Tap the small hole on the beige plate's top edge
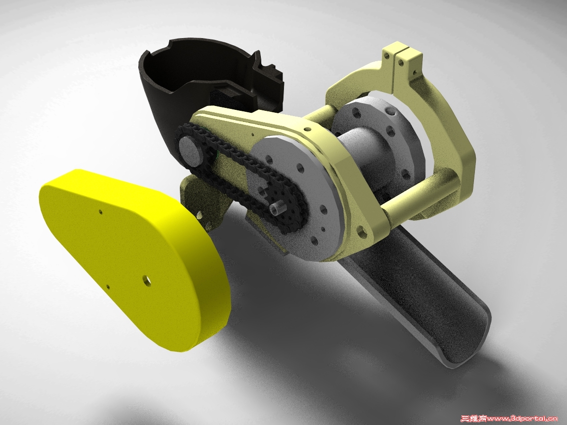pyautogui.click(x=306, y=129)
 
